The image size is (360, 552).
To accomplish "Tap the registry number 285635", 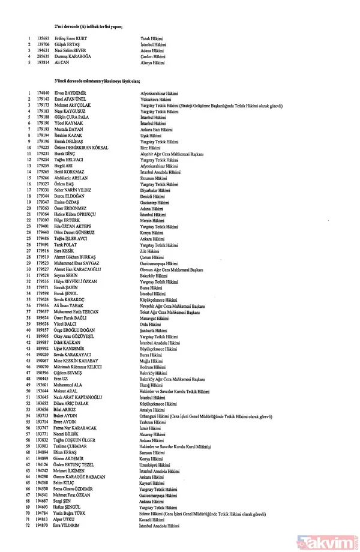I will point(43,56).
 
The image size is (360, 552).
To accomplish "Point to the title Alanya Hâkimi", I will point(152,62).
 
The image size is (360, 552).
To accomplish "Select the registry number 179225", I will point(43,148).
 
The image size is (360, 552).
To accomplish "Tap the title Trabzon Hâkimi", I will point(153,422).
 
